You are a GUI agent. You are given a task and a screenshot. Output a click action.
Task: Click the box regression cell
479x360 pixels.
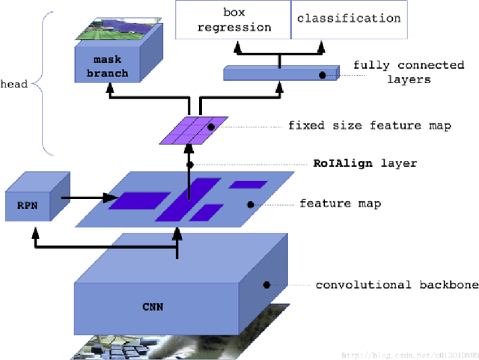pyautogui.click(x=233, y=20)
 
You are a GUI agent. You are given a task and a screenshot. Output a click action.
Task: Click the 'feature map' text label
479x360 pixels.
pyautogui.click(x=340, y=204)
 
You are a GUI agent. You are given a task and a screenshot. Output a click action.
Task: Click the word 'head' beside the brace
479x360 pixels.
pyautogui.click(x=14, y=85)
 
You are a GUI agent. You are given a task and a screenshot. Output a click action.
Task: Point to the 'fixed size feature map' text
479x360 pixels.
pyautogui.click(x=369, y=126)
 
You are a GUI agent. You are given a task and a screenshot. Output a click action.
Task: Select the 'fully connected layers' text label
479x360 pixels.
pyautogui.click(x=391, y=72)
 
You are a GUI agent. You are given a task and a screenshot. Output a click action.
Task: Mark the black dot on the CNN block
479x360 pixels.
pyautogui.click(x=265, y=285)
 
